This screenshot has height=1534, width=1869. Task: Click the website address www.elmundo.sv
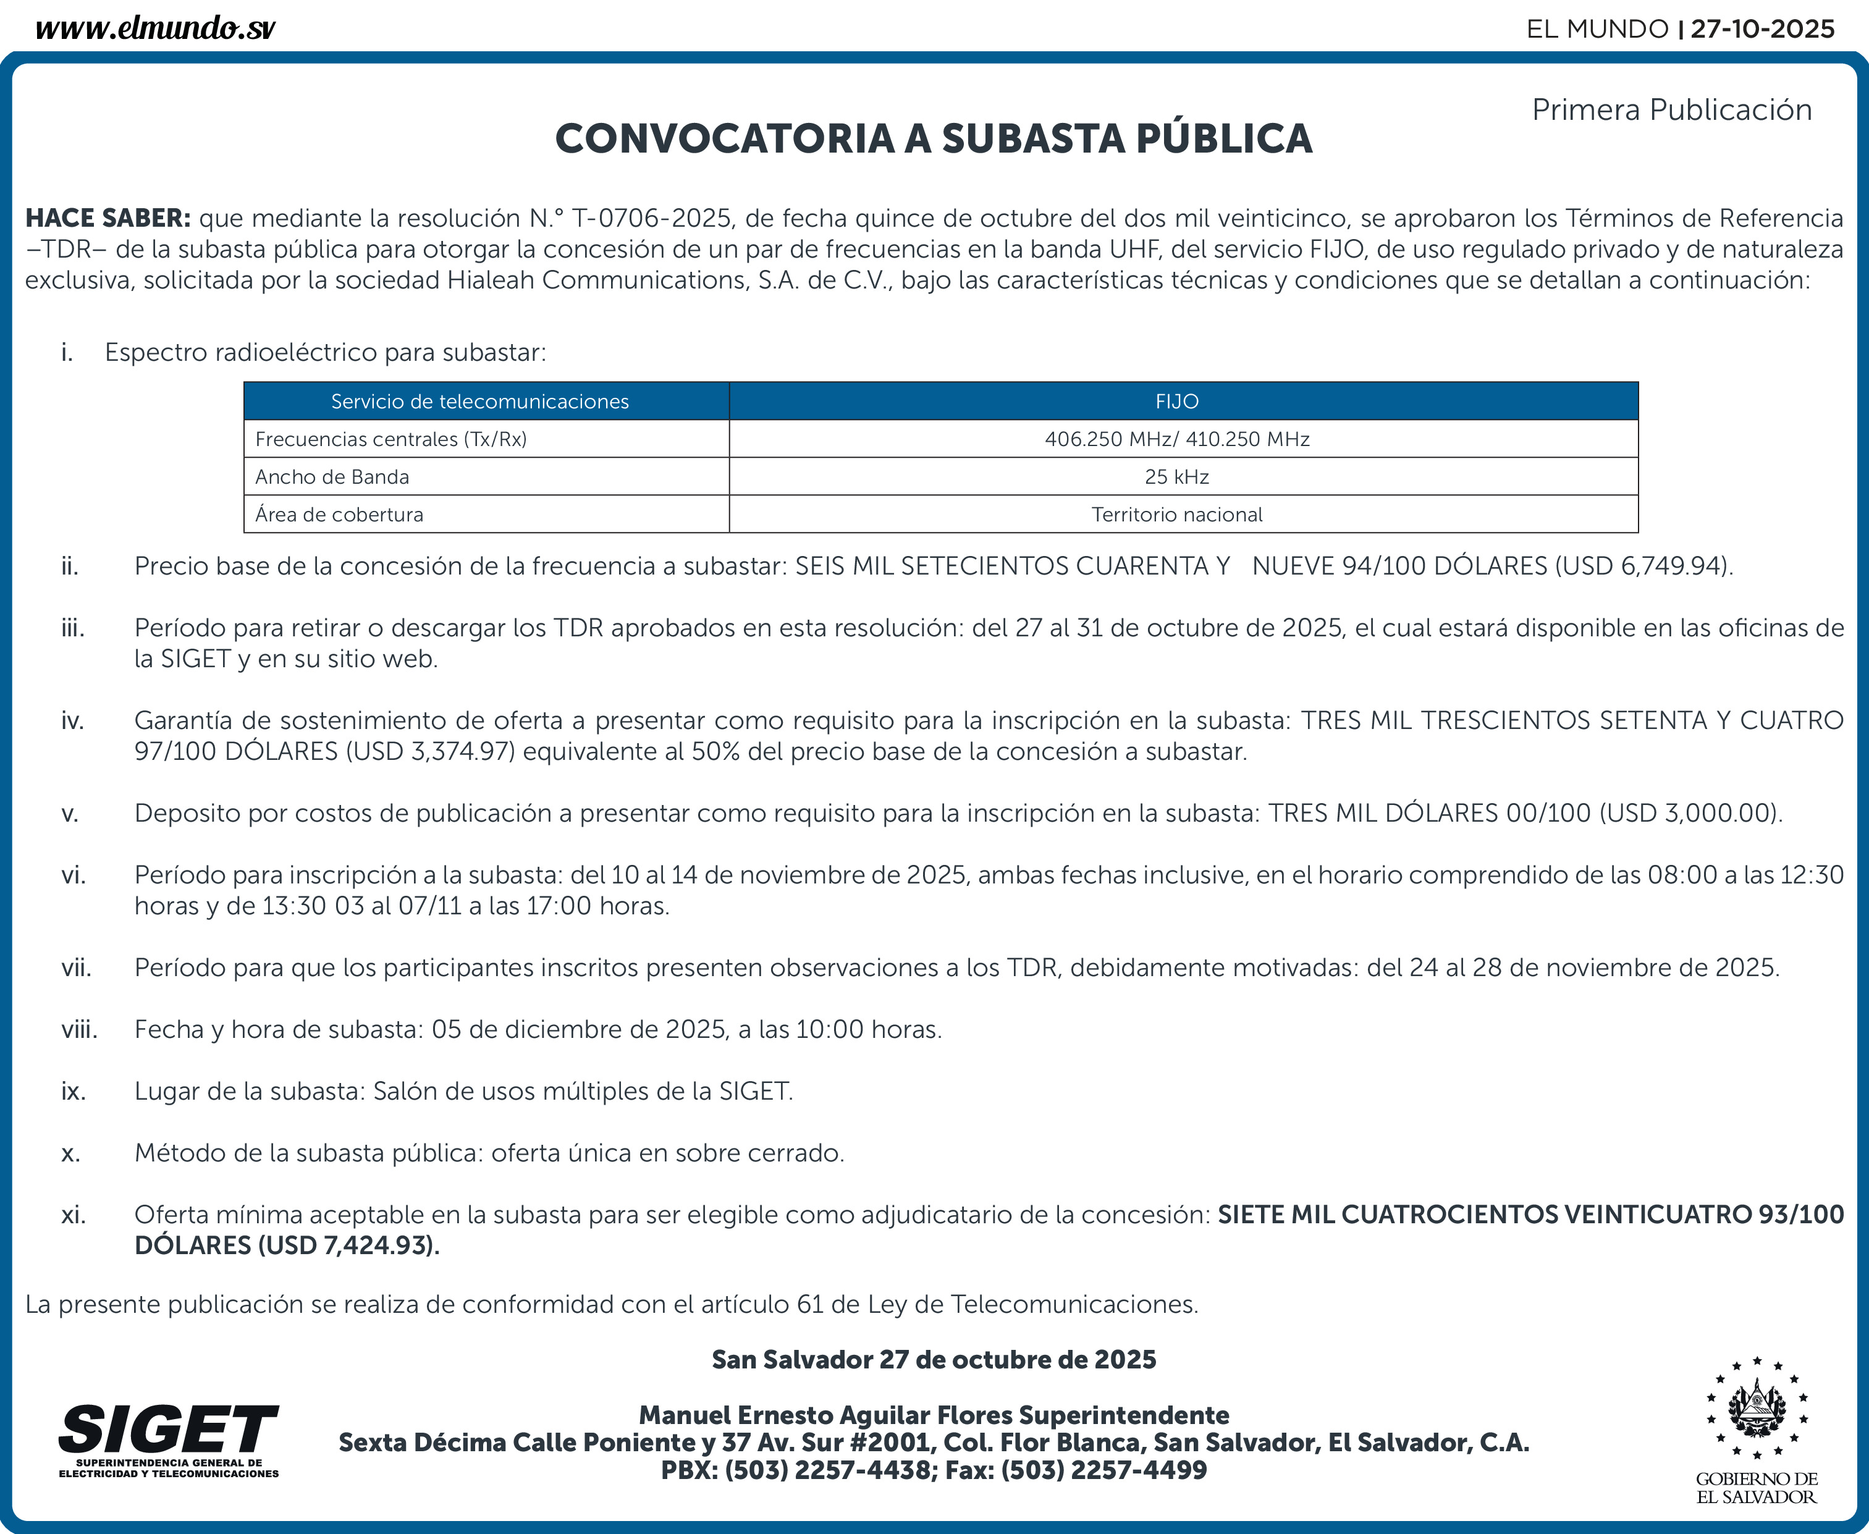[x=156, y=29]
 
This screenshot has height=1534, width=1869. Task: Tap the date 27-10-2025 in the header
[x=1762, y=29]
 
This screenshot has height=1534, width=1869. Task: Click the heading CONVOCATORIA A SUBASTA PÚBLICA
[x=933, y=139]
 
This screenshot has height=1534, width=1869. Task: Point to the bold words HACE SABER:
[x=108, y=218]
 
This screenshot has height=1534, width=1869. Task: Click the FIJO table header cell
[x=1176, y=401]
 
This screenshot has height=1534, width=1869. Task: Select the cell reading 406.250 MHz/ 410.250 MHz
[x=1176, y=439]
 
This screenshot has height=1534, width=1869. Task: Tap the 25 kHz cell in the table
[x=1176, y=477]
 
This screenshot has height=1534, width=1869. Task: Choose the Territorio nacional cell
[x=1176, y=514]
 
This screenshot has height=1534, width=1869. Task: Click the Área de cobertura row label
[x=339, y=514]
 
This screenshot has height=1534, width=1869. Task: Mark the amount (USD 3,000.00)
[x=1690, y=813]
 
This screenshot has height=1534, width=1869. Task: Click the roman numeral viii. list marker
[x=80, y=1029]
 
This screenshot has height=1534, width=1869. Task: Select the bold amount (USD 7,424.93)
[x=348, y=1246]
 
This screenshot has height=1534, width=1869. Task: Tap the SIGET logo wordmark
[x=168, y=1429]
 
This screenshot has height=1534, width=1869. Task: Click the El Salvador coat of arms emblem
[x=1757, y=1409]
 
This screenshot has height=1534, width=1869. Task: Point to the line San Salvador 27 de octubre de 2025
[x=933, y=1359]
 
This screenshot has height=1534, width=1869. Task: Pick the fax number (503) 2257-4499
[x=1103, y=1470]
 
